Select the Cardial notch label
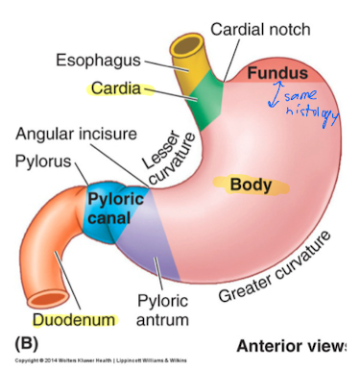260,29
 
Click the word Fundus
277,73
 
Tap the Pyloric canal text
116,208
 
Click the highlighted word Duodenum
74,318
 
